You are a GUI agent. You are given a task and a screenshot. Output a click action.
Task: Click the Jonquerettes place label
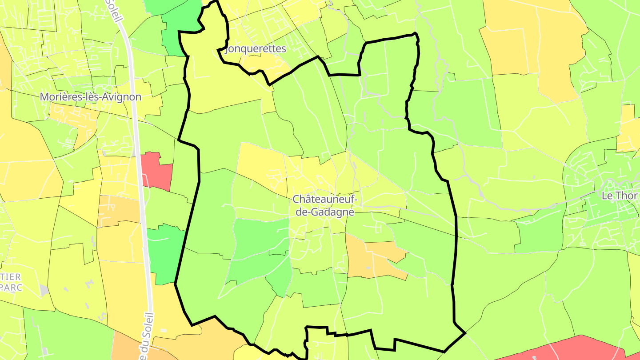click(x=256, y=49)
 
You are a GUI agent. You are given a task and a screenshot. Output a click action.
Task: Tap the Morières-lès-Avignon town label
click(x=91, y=97)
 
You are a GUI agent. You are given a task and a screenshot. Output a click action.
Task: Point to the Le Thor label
click(x=620, y=196)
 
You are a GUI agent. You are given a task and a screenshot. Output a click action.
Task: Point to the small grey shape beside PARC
click(x=44, y=291)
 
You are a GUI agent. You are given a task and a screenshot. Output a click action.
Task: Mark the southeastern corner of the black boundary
click(x=464, y=332)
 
